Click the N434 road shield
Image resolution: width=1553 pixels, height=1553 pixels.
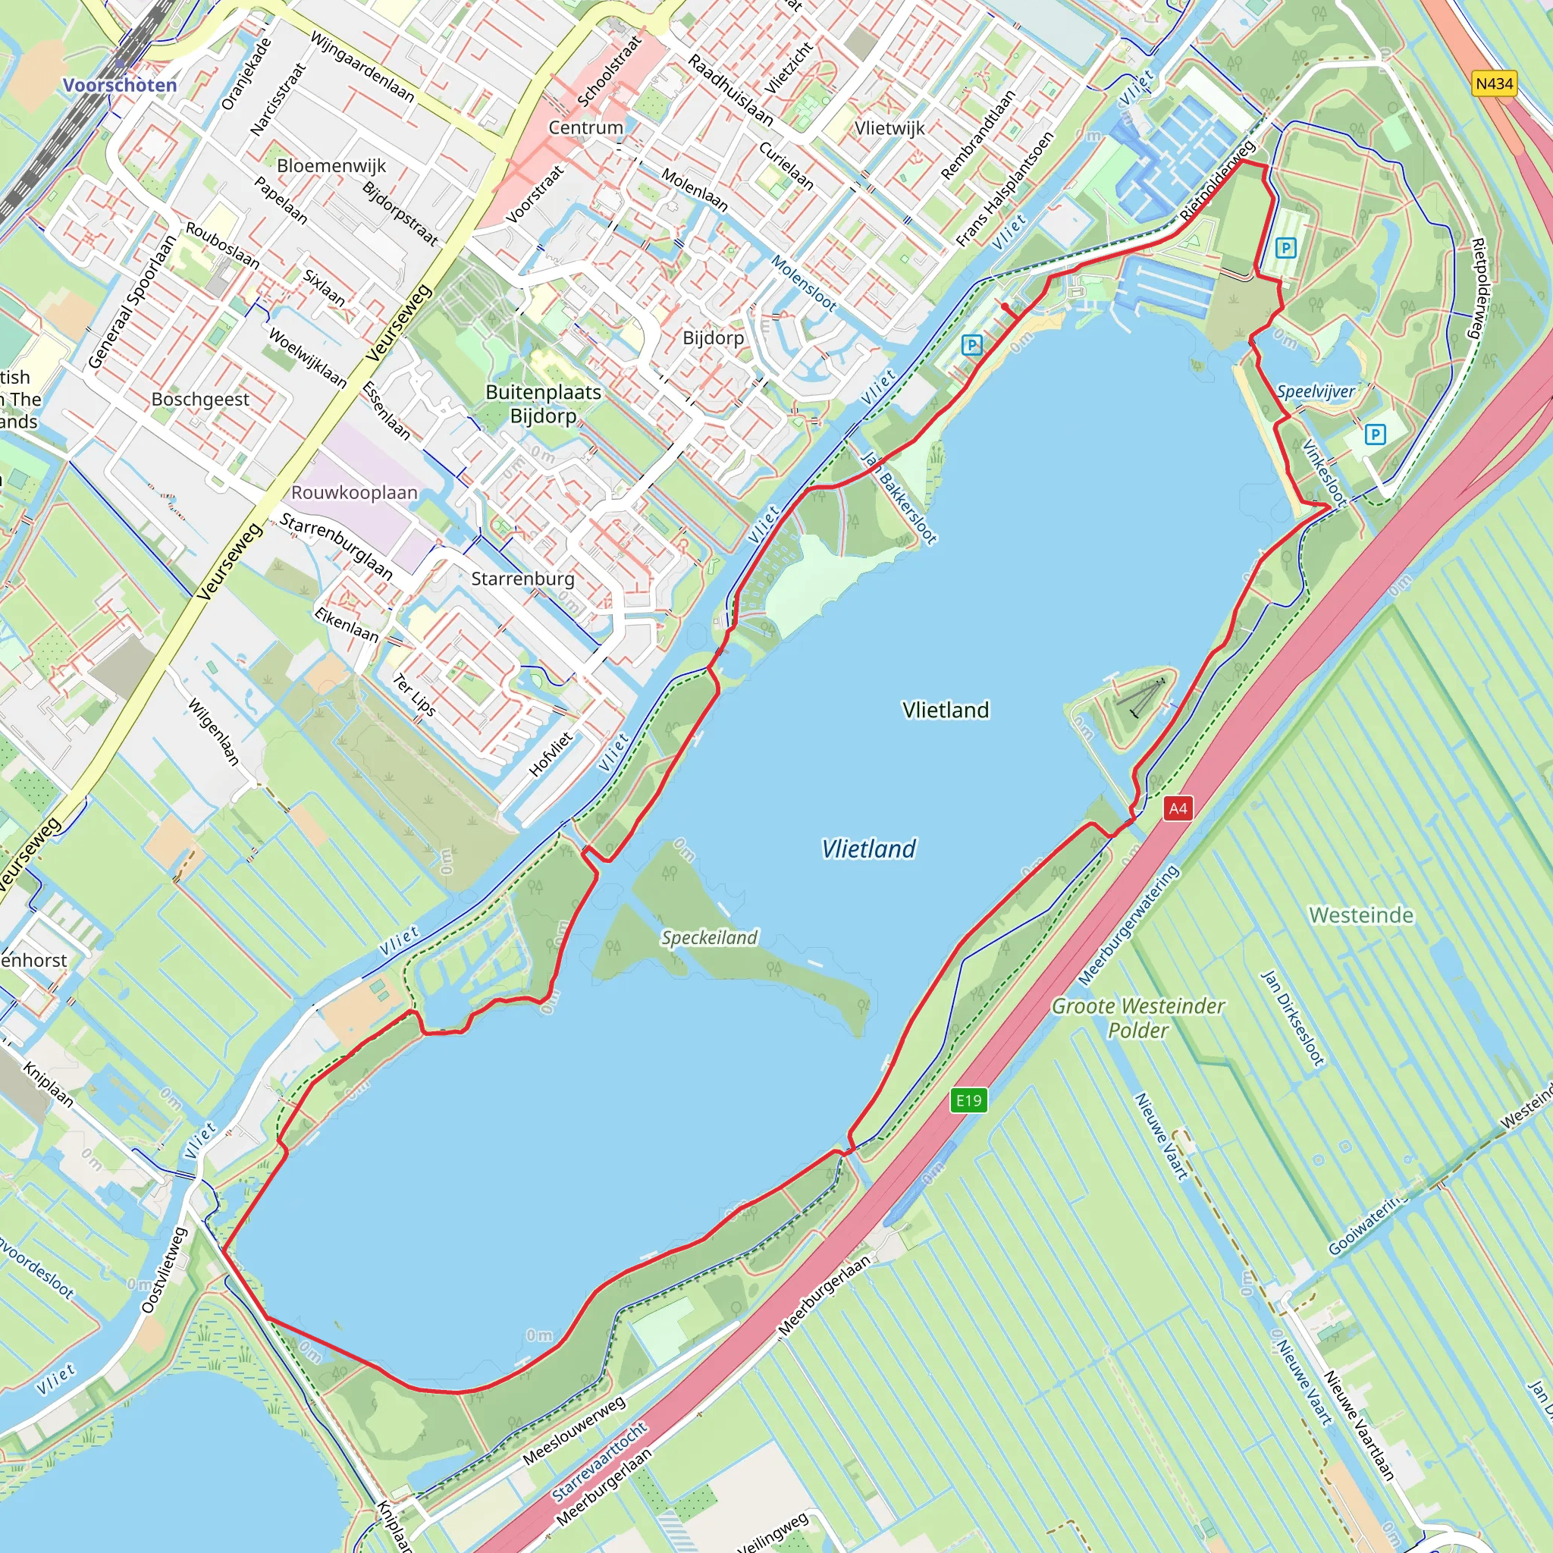point(1495,83)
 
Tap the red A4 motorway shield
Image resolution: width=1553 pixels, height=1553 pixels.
point(1178,808)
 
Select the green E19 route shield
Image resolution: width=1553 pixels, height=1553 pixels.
point(968,1100)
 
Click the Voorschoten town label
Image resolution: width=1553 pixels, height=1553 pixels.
point(120,85)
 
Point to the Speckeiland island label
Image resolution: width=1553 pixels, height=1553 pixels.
point(709,937)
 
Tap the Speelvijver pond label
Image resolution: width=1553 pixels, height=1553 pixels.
point(1316,391)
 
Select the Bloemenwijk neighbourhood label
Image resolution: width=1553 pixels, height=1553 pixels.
point(331,165)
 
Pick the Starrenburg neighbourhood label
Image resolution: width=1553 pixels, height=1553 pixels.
point(522,579)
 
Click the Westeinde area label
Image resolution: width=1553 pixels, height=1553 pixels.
point(1361,915)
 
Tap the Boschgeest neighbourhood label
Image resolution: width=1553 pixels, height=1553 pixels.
point(200,400)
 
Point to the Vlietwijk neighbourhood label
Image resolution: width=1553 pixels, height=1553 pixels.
point(889,128)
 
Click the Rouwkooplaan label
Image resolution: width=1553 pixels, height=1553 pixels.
point(354,493)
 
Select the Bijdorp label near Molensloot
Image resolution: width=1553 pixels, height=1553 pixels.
point(713,337)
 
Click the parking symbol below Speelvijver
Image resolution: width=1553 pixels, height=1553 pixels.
point(1376,435)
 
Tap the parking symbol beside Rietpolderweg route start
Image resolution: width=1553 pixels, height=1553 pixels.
point(1285,247)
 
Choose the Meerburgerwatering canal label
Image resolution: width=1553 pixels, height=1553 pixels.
point(1128,925)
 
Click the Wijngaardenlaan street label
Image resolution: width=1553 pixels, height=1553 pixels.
point(362,67)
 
